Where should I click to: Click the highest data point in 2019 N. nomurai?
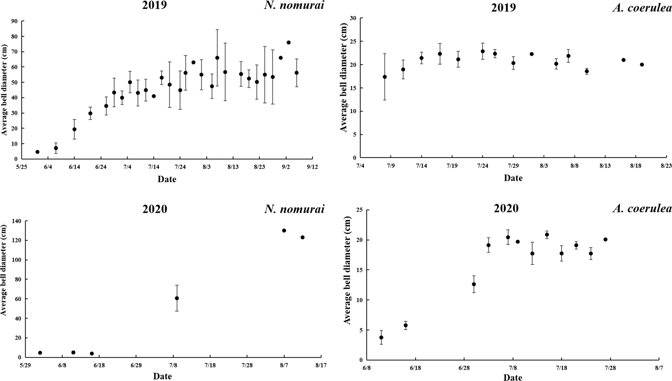[x=288, y=42]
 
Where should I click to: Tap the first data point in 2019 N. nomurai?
[x=37, y=152]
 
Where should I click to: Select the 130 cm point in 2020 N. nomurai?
[x=284, y=230]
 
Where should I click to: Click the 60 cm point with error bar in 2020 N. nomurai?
[x=177, y=298]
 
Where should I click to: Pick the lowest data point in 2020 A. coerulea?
[x=381, y=337]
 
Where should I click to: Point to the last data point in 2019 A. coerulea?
[x=642, y=65]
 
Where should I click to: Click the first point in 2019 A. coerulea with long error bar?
[x=385, y=77]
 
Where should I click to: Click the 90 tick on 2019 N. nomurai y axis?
[x=14, y=21]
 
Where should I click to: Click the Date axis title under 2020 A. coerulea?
[x=513, y=378]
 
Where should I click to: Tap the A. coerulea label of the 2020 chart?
[x=642, y=209]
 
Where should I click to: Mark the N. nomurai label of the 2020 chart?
[x=294, y=209]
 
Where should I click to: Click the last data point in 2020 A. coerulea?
[x=605, y=240]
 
